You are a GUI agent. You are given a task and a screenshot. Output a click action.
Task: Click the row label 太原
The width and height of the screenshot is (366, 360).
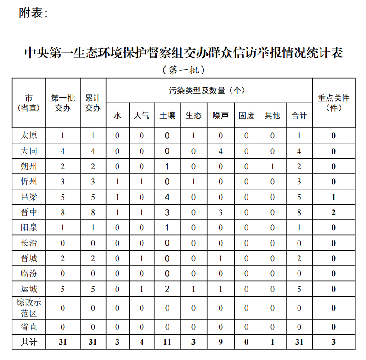pyautogui.click(x=29, y=136)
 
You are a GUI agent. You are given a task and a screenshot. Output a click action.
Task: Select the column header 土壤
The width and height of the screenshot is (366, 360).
pyautogui.click(x=167, y=115)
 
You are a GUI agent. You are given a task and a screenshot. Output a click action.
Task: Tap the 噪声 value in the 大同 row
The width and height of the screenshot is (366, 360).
pyautogui.click(x=220, y=151)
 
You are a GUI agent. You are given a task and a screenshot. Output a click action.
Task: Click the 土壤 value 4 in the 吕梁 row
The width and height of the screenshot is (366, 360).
pyautogui.click(x=167, y=197)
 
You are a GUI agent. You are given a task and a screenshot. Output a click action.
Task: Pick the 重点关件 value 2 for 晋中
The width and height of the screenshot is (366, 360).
pyautogui.click(x=334, y=212)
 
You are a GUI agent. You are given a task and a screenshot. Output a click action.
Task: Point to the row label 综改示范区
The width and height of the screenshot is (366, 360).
pyautogui.click(x=29, y=308)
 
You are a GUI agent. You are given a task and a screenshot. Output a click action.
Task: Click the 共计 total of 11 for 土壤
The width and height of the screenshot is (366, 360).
pyautogui.click(x=167, y=343)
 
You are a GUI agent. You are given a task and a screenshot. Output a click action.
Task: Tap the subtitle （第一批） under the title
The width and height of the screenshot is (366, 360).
pyautogui.click(x=183, y=70)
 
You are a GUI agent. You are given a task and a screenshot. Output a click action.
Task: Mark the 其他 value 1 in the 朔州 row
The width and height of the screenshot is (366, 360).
pyautogui.click(x=272, y=166)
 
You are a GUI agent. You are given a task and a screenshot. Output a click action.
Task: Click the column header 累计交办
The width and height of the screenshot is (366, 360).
pyautogui.click(x=93, y=103)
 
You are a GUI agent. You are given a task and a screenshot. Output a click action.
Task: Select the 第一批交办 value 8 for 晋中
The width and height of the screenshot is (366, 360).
pyautogui.click(x=63, y=212)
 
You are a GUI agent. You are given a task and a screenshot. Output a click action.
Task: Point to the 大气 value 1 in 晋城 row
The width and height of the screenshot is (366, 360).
pyautogui.click(x=141, y=258)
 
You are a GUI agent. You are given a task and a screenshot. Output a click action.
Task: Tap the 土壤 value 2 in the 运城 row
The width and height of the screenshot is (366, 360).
pyautogui.click(x=167, y=289)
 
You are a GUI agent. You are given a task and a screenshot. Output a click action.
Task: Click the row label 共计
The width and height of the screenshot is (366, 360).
pyautogui.click(x=29, y=343)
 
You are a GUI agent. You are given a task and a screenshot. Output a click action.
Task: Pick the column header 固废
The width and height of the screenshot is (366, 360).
pyautogui.click(x=246, y=115)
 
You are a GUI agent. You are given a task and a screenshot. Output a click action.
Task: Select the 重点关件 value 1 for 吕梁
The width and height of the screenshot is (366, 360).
pyautogui.click(x=334, y=197)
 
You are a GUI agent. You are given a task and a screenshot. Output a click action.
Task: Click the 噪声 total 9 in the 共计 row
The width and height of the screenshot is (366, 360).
pyautogui.click(x=220, y=343)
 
